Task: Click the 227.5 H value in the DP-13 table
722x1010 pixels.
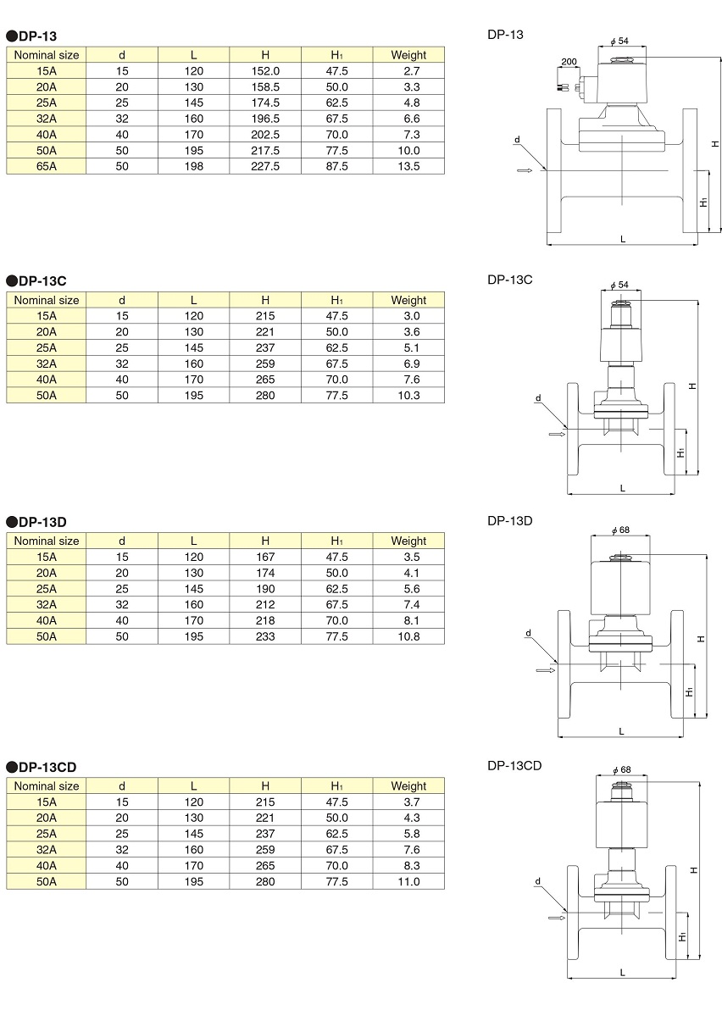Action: coord(265,166)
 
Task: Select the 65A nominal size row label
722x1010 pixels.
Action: coord(47,166)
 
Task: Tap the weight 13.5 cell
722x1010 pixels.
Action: coord(408,166)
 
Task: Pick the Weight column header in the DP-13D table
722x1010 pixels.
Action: coord(408,541)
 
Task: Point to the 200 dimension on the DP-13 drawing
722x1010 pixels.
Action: coord(569,62)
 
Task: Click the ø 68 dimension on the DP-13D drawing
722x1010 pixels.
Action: coord(621,530)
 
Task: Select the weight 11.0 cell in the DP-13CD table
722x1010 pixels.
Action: coord(408,882)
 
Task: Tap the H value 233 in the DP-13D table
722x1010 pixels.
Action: coord(265,636)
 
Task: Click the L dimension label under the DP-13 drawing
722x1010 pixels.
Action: coord(623,239)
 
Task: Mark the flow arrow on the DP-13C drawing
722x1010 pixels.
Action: coord(557,434)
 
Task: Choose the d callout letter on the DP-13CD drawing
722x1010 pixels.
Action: coord(538,882)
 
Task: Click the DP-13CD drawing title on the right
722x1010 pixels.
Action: coord(514,766)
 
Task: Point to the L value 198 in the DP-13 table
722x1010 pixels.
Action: coord(194,166)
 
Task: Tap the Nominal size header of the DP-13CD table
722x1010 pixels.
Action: coord(47,785)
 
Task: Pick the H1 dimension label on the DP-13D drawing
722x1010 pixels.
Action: coord(689,691)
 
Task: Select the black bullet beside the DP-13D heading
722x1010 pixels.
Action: coord(12,523)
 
